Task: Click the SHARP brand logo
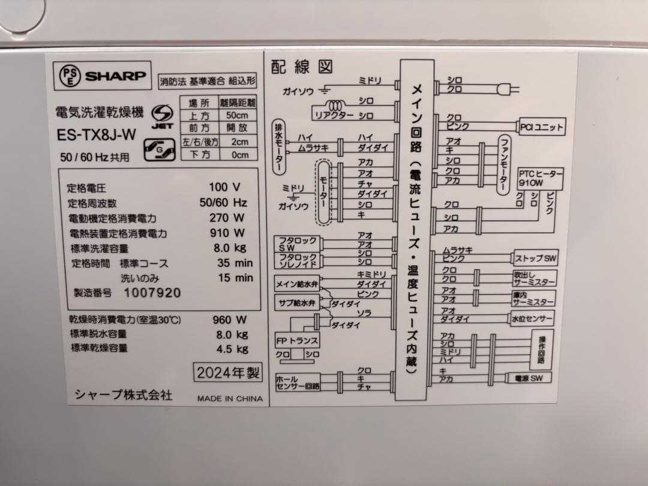tap(115, 76)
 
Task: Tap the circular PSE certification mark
tap(70, 76)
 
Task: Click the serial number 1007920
tap(152, 293)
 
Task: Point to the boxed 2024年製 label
tap(229, 373)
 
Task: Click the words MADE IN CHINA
tap(230, 398)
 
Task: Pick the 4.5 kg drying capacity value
tap(232, 349)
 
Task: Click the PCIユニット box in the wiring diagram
tap(542, 127)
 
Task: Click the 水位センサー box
tap(532, 318)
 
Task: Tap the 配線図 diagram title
tap(302, 67)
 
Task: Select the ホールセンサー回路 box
tap(298, 383)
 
